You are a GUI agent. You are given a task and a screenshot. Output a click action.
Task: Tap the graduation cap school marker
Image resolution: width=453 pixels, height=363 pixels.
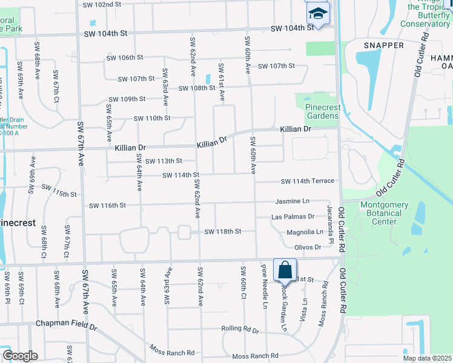click(x=317, y=13)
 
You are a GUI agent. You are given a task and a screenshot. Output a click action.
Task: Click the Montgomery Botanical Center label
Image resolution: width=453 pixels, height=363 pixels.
click(x=384, y=213)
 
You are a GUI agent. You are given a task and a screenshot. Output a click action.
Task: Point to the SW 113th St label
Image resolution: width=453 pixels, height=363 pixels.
click(x=164, y=161)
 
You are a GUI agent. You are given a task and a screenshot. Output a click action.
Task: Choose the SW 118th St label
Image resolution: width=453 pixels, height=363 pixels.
click(x=223, y=232)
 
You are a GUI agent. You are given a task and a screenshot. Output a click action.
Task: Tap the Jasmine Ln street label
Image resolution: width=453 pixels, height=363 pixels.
click(x=293, y=201)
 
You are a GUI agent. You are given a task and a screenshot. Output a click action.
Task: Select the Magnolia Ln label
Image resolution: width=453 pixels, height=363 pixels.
click(x=305, y=232)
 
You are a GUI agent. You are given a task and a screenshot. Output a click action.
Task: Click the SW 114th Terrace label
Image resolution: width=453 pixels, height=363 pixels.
click(x=307, y=181)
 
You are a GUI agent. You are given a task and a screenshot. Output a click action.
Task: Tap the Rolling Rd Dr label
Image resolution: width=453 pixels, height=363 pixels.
click(x=240, y=331)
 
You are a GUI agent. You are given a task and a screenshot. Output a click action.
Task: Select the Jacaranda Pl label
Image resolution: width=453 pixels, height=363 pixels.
click(x=331, y=224)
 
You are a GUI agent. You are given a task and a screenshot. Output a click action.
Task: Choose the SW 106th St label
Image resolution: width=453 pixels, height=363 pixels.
click(x=125, y=58)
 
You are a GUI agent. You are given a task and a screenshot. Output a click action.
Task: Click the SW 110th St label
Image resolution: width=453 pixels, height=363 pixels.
click(x=152, y=119)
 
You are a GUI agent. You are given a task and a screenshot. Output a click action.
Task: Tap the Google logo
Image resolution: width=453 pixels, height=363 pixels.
click(x=19, y=356)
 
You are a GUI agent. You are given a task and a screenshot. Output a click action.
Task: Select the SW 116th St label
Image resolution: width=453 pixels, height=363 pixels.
click(x=107, y=206)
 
